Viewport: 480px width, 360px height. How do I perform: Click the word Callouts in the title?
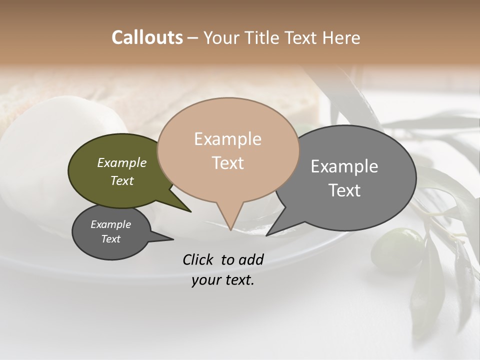pyautogui.click(x=147, y=37)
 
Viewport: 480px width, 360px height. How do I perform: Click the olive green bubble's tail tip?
pyautogui.click(x=190, y=211)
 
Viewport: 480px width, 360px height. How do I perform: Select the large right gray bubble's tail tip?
pyautogui.click(x=267, y=235)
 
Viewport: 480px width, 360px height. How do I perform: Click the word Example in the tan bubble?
pyautogui.click(x=228, y=138)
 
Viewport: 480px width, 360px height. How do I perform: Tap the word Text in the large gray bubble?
pyautogui.click(x=344, y=190)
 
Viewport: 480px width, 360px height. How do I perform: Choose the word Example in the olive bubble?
pyautogui.click(x=122, y=162)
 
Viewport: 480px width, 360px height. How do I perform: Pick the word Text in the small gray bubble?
pyautogui.click(x=111, y=239)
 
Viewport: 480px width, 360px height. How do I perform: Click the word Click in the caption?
pyautogui.click(x=197, y=259)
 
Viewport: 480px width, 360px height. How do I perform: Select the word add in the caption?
pyautogui.click(x=251, y=259)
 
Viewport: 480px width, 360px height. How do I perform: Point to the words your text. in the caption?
pyautogui.click(x=223, y=280)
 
